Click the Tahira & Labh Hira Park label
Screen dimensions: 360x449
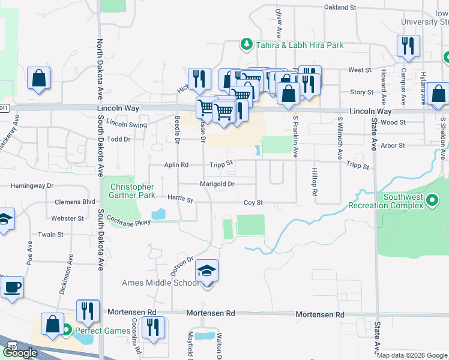tap(298, 45)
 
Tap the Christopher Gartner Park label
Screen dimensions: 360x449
tap(131, 191)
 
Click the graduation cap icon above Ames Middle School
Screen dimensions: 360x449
tap(207, 272)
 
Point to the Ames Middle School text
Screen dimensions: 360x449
tap(158, 283)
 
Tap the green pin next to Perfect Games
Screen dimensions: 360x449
tap(68, 329)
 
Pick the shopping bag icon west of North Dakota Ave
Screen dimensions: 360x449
tap(38, 78)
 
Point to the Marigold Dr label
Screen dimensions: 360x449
tap(217, 184)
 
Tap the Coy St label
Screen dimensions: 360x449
tap(253, 203)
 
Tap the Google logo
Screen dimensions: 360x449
tap(20, 353)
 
